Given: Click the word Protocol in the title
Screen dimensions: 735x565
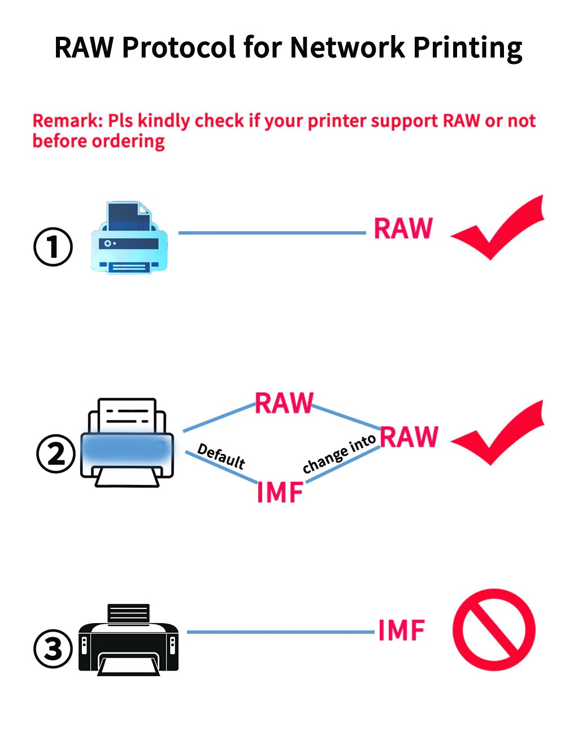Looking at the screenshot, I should pyautogui.click(x=179, y=47).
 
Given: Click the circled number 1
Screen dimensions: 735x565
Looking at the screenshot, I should pyautogui.click(x=53, y=247).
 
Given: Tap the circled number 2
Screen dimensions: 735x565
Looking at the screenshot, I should pyautogui.click(x=55, y=454).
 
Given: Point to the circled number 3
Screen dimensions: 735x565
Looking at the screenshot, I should pyautogui.click(x=53, y=648).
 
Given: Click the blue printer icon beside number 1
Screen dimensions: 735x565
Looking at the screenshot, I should pyautogui.click(x=129, y=238).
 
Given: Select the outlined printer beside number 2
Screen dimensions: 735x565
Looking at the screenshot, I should pyautogui.click(x=127, y=443).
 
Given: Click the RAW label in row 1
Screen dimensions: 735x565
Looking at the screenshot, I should pyautogui.click(x=403, y=229).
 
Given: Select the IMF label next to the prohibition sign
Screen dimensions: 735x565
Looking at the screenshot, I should pyautogui.click(x=401, y=630).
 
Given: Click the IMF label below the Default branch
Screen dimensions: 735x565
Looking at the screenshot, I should pyautogui.click(x=280, y=492).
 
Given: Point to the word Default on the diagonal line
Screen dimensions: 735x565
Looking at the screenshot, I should pyautogui.click(x=221, y=457).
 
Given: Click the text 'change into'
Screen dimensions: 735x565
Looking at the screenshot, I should pyautogui.click(x=339, y=454).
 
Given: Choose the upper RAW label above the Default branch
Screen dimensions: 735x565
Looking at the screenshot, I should pyautogui.click(x=284, y=404).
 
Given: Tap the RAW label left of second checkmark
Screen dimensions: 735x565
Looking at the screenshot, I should pyautogui.click(x=409, y=437).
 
